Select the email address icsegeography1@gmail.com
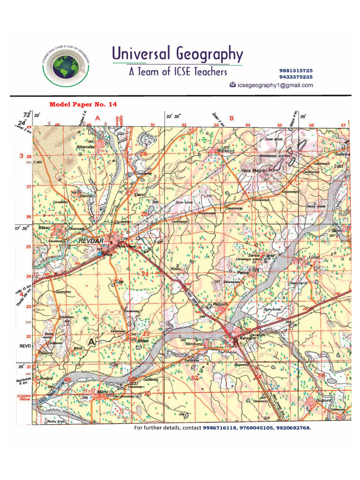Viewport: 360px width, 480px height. point(275,85)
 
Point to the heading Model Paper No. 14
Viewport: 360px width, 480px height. point(83,104)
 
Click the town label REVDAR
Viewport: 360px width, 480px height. point(90,240)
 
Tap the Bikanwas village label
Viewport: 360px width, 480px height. point(86,147)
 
